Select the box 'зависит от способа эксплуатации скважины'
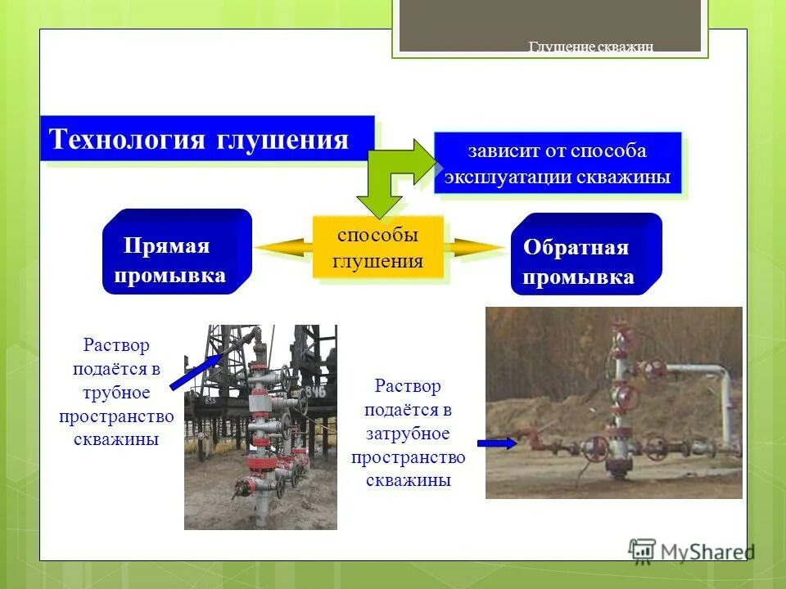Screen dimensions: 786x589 coord(557,164)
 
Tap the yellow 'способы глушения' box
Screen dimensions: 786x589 coord(378,248)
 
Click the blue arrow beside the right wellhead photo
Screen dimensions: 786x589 coord(496,443)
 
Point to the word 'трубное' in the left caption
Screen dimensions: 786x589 coord(116,393)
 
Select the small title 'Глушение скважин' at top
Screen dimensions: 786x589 coord(590,47)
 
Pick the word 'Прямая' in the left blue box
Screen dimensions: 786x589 coord(166,246)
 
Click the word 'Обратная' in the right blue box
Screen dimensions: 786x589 coord(576,248)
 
